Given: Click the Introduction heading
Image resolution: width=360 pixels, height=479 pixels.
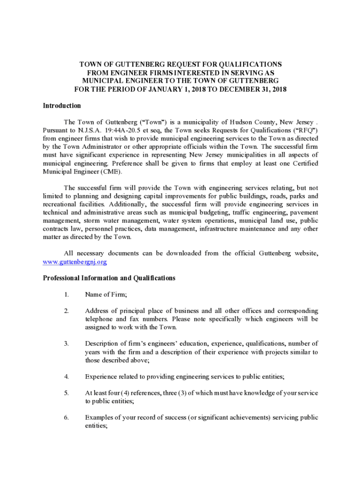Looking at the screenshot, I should coord(62,106).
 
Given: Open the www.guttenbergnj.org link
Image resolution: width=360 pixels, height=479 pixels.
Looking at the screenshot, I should coord(72,262).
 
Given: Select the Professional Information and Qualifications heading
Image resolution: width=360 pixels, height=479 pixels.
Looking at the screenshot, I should coord(109,278).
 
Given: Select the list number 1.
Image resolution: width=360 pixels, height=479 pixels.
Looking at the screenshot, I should coord(67,294).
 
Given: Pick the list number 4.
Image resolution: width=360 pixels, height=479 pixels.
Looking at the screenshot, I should coord(67,376).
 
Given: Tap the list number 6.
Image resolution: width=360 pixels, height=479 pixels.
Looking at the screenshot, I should coord(67,417).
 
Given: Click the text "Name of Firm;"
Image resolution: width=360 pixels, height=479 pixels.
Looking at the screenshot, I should coord(106,294).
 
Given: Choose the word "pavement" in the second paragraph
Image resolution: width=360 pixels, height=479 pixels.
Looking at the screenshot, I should coord(304,212).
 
